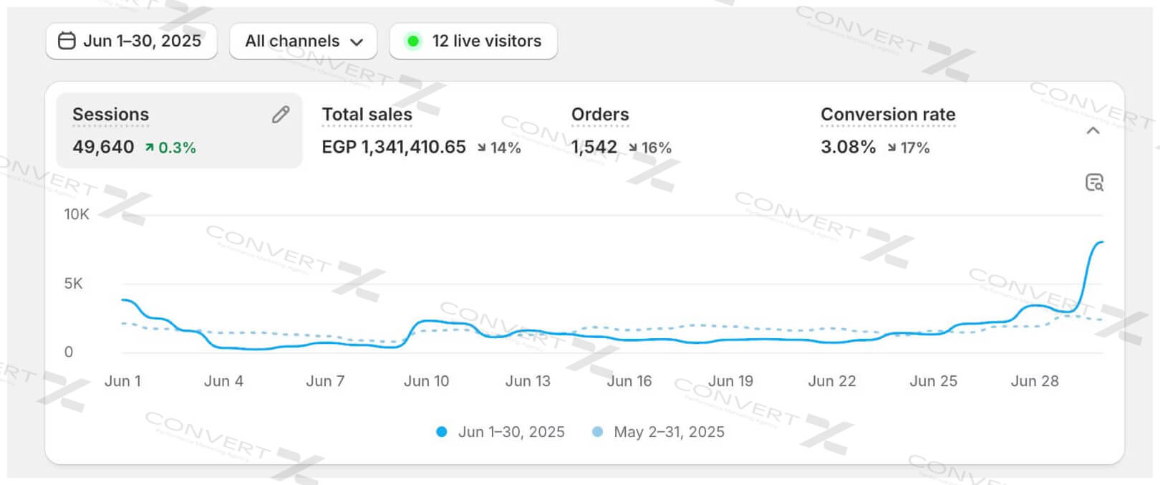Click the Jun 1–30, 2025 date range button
tap(132, 41)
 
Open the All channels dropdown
tap(303, 41)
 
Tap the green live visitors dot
tap(413, 41)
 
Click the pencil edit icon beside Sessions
tap(281, 115)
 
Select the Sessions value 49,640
tap(103, 147)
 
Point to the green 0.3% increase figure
tap(171, 148)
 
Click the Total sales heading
tap(367, 115)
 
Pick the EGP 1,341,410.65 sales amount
tap(394, 147)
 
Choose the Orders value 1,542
tap(594, 147)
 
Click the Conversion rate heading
tap(888, 115)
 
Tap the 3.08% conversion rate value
tap(848, 147)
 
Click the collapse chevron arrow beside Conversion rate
tap(1093, 130)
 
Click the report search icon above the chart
tap(1094, 183)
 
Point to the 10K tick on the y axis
tap(77, 214)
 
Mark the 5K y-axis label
tap(74, 283)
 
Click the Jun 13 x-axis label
tap(528, 381)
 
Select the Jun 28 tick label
tap(1034, 381)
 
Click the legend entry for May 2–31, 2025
tap(668, 432)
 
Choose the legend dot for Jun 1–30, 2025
tap(442, 432)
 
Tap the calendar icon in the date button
tap(67, 41)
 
